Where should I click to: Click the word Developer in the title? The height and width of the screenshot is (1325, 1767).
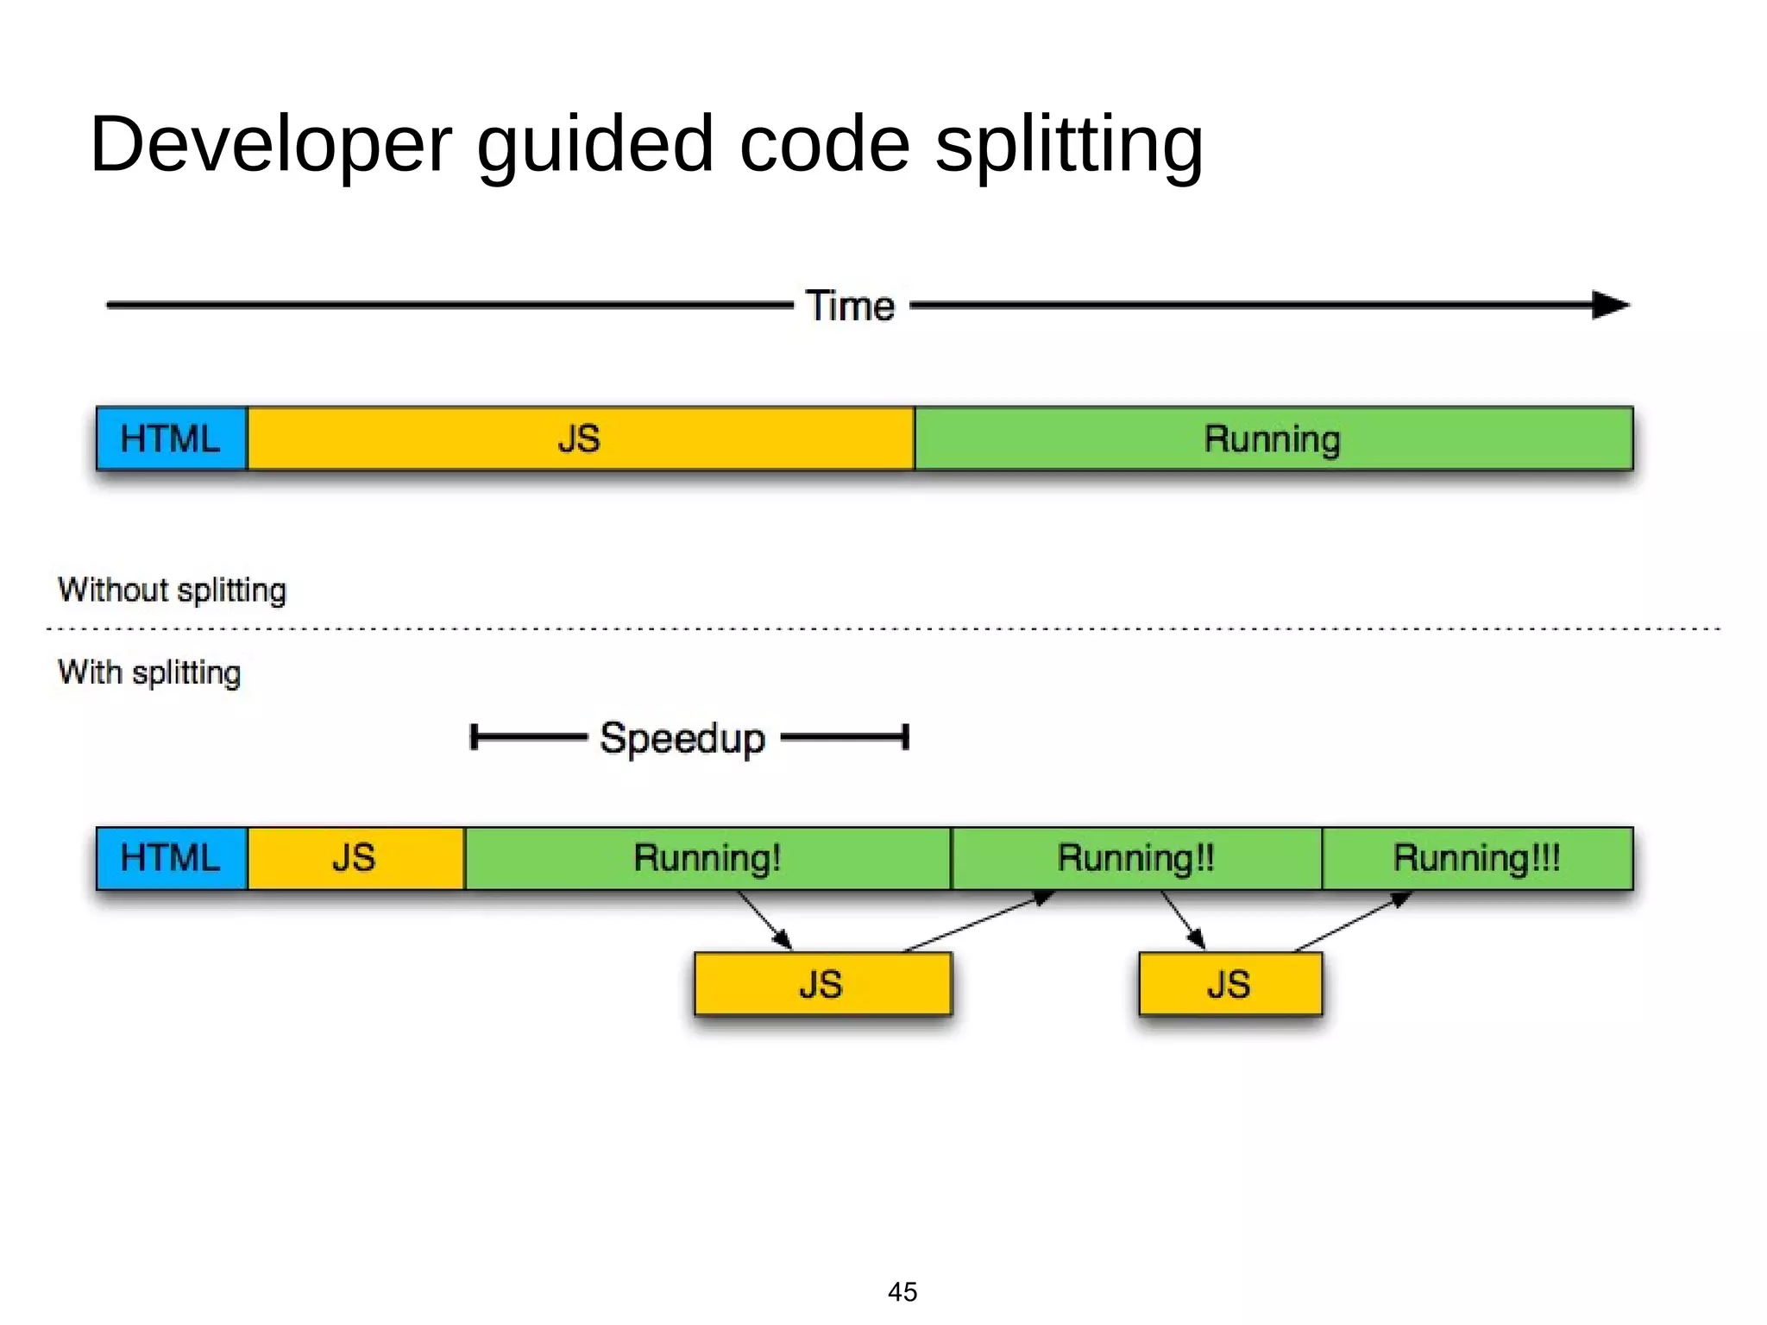point(270,145)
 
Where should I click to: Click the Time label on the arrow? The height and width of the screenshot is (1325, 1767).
point(850,306)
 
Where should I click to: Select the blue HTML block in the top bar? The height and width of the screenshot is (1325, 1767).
point(171,439)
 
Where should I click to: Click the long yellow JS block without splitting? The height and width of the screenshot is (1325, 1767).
point(580,439)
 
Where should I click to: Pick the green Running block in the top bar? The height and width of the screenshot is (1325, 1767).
point(1273,439)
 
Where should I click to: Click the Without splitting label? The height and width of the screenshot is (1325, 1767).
point(172,590)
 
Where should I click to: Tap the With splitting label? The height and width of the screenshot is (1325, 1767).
point(149,672)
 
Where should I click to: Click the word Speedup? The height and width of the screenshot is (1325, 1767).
point(682,739)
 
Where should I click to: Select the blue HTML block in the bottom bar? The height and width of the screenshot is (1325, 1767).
point(171,858)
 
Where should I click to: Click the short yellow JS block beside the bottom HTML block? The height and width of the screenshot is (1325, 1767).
point(355,858)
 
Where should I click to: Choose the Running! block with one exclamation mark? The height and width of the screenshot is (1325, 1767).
point(707,858)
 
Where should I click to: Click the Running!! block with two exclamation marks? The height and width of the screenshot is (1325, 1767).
point(1135,858)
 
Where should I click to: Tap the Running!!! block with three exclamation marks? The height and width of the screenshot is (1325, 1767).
point(1476,858)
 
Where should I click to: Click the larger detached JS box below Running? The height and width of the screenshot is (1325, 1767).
point(822,984)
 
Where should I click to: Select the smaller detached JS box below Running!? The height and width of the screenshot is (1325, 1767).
point(1229,984)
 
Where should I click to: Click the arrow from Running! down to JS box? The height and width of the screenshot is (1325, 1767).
point(764,920)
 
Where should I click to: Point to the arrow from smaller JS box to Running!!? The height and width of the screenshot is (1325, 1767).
point(1353,922)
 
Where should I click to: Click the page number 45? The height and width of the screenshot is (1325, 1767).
point(902,1291)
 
